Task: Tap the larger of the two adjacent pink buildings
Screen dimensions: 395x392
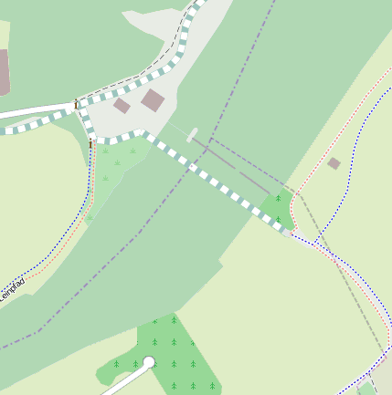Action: point(153,99)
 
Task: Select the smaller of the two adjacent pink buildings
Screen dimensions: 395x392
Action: point(122,106)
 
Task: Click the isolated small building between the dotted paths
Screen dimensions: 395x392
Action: point(334,163)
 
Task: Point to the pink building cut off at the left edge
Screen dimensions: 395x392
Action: point(4,72)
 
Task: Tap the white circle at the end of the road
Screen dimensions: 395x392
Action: point(149,363)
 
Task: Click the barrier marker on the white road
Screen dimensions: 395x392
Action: point(76,105)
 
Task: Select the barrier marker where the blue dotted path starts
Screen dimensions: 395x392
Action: point(91,143)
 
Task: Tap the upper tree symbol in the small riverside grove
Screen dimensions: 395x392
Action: point(278,198)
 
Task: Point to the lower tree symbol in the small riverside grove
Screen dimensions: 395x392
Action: point(278,218)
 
